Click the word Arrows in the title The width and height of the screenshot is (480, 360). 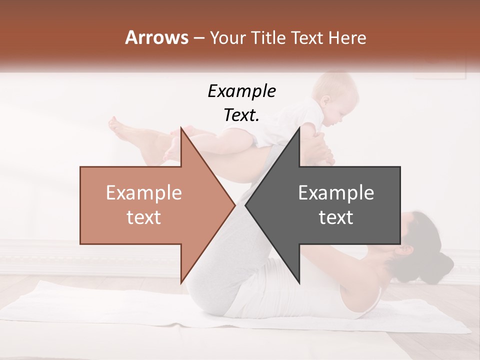[x=156, y=37]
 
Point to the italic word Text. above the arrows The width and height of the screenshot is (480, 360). [x=241, y=115]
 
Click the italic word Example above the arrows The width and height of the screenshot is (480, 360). [x=241, y=91]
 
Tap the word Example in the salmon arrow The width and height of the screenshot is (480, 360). [x=144, y=193]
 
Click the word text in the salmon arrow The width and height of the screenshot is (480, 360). [x=144, y=217]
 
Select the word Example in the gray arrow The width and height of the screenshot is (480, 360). [x=336, y=193]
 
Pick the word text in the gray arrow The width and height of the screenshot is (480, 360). [x=336, y=217]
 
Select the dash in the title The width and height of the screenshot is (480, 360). [x=198, y=38]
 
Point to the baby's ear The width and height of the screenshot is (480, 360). [x=325, y=99]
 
